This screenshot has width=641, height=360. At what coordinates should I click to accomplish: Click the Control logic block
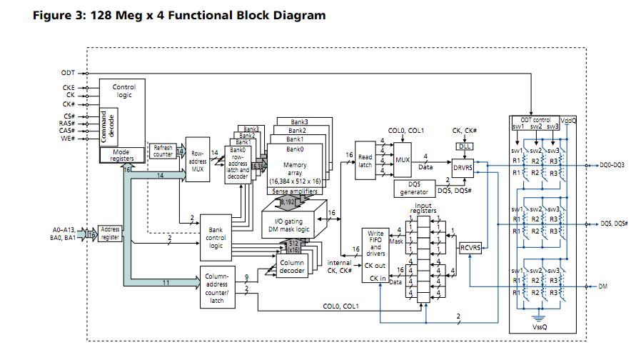(x=123, y=91)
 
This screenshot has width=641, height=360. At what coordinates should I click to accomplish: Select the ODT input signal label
(x=68, y=72)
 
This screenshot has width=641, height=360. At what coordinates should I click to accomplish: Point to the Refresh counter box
(x=163, y=151)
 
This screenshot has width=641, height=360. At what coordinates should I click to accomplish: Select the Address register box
(x=111, y=233)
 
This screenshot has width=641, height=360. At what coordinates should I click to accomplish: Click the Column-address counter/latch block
(x=216, y=288)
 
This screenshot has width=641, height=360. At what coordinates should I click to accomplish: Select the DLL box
(x=465, y=146)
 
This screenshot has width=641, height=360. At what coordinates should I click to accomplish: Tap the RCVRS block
(x=470, y=248)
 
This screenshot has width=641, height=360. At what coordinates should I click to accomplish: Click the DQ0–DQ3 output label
(x=612, y=165)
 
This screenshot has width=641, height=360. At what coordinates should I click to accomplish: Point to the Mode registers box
(x=123, y=155)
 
